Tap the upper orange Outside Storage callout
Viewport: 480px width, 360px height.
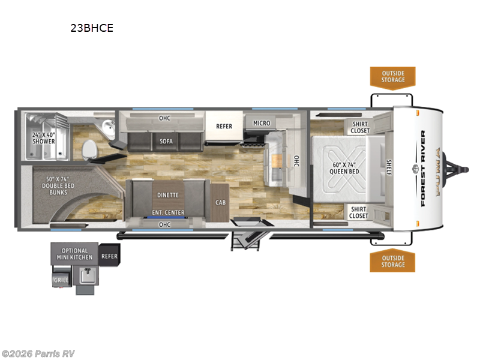[x=392, y=77]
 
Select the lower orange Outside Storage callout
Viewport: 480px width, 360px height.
[x=392, y=261]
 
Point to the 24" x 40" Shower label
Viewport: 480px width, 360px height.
[x=43, y=138]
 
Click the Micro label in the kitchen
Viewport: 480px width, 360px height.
[x=261, y=123]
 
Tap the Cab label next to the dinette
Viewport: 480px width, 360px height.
[x=221, y=202]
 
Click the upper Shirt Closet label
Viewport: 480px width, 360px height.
[x=360, y=127]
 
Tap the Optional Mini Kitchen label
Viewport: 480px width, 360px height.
[x=74, y=254]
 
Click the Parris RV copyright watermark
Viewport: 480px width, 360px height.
[x=38, y=353]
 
